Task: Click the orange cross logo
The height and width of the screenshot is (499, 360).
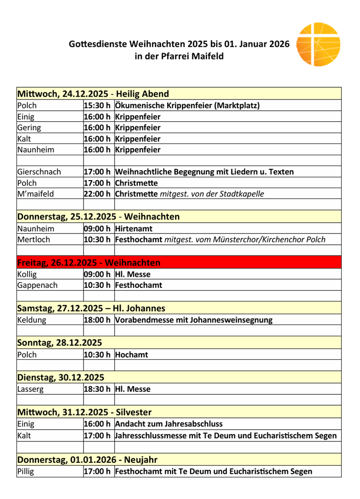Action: (x=318, y=44)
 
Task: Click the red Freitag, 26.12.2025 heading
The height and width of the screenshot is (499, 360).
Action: (x=89, y=262)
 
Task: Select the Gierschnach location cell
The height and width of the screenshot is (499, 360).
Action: (x=39, y=172)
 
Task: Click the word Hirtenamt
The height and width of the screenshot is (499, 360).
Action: (x=134, y=228)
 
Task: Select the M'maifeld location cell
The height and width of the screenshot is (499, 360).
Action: (x=37, y=194)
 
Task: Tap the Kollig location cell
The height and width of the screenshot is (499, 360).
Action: (x=27, y=274)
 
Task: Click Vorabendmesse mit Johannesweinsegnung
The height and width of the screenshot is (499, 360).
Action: (x=193, y=320)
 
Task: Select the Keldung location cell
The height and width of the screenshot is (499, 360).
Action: (x=32, y=320)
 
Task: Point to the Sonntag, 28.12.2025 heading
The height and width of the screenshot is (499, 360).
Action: (x=59, y=343)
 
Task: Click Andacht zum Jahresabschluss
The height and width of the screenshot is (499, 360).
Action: (x=168, y=424)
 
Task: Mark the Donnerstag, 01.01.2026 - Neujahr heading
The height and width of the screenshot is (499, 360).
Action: (x=87, y=459)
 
